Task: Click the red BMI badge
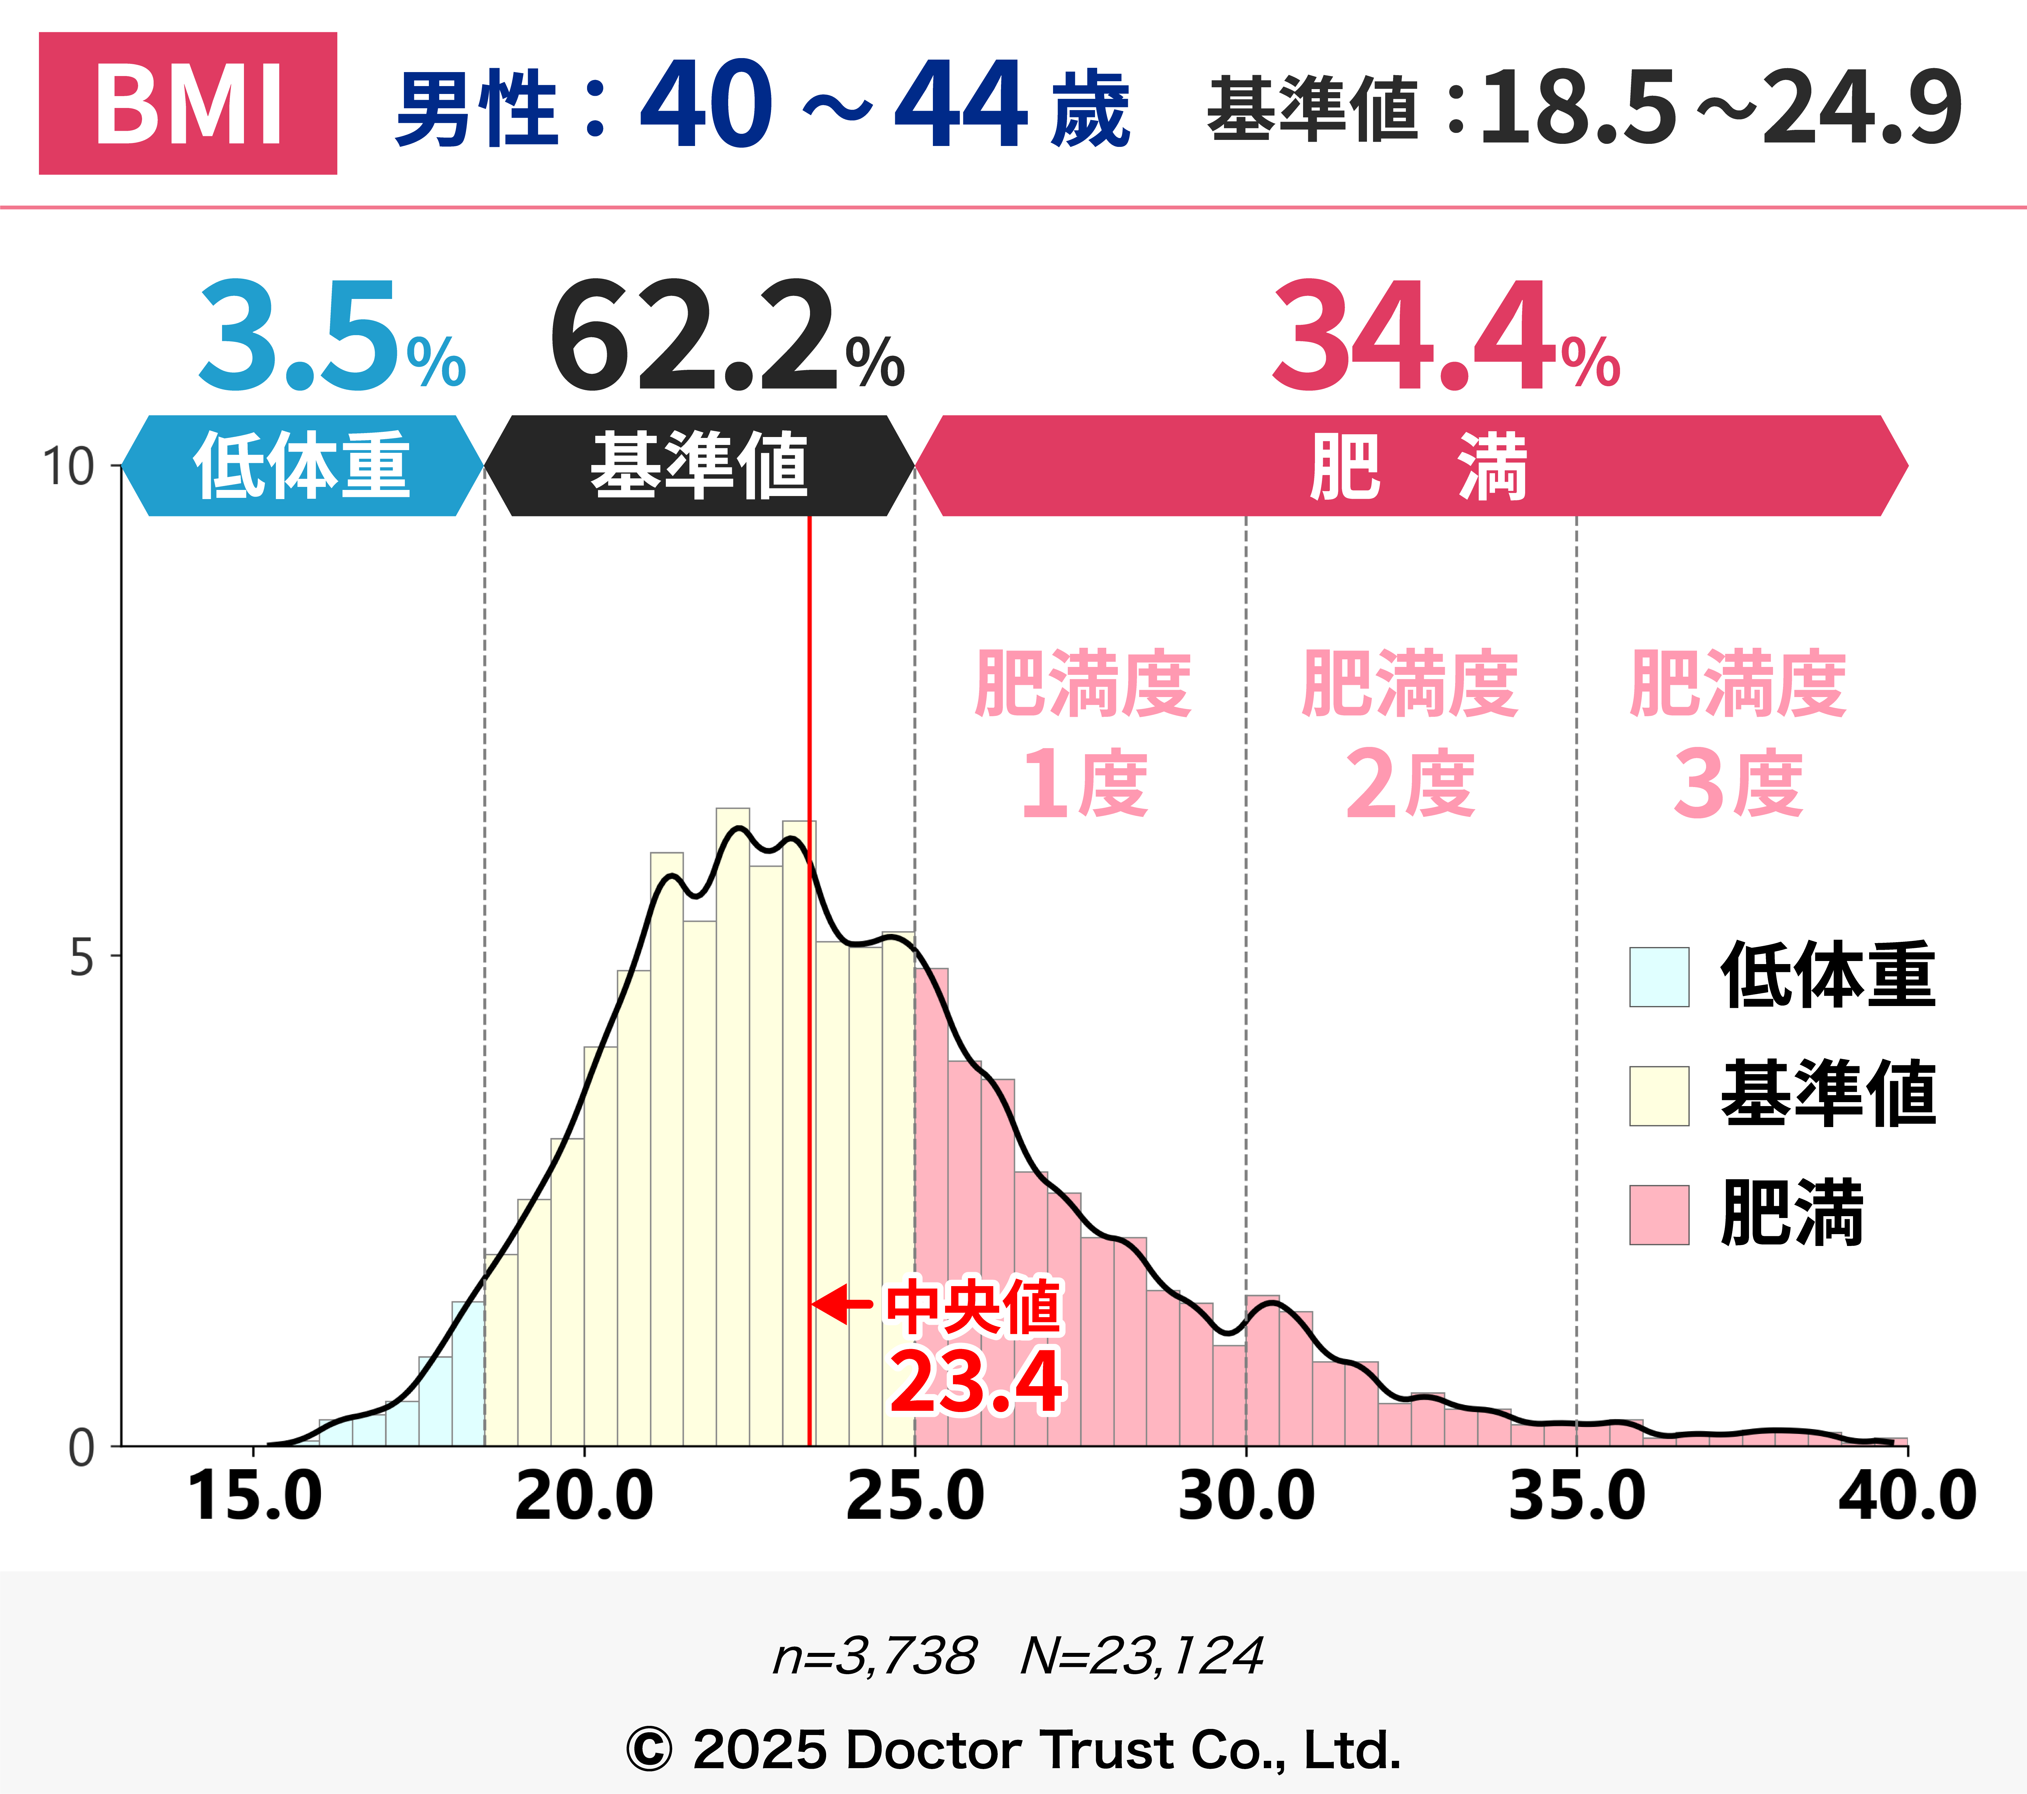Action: click(x=187, y=103)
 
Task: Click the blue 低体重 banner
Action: click(x=301, y=465)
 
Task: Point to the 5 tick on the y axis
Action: click(x=81, y=957)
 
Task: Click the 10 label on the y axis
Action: click(x=68, y=466)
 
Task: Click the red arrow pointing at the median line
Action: click(x=841, y=1304)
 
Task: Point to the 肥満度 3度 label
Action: click(x=1737, y=734)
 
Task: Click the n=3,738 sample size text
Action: click(x=875, y=1656)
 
